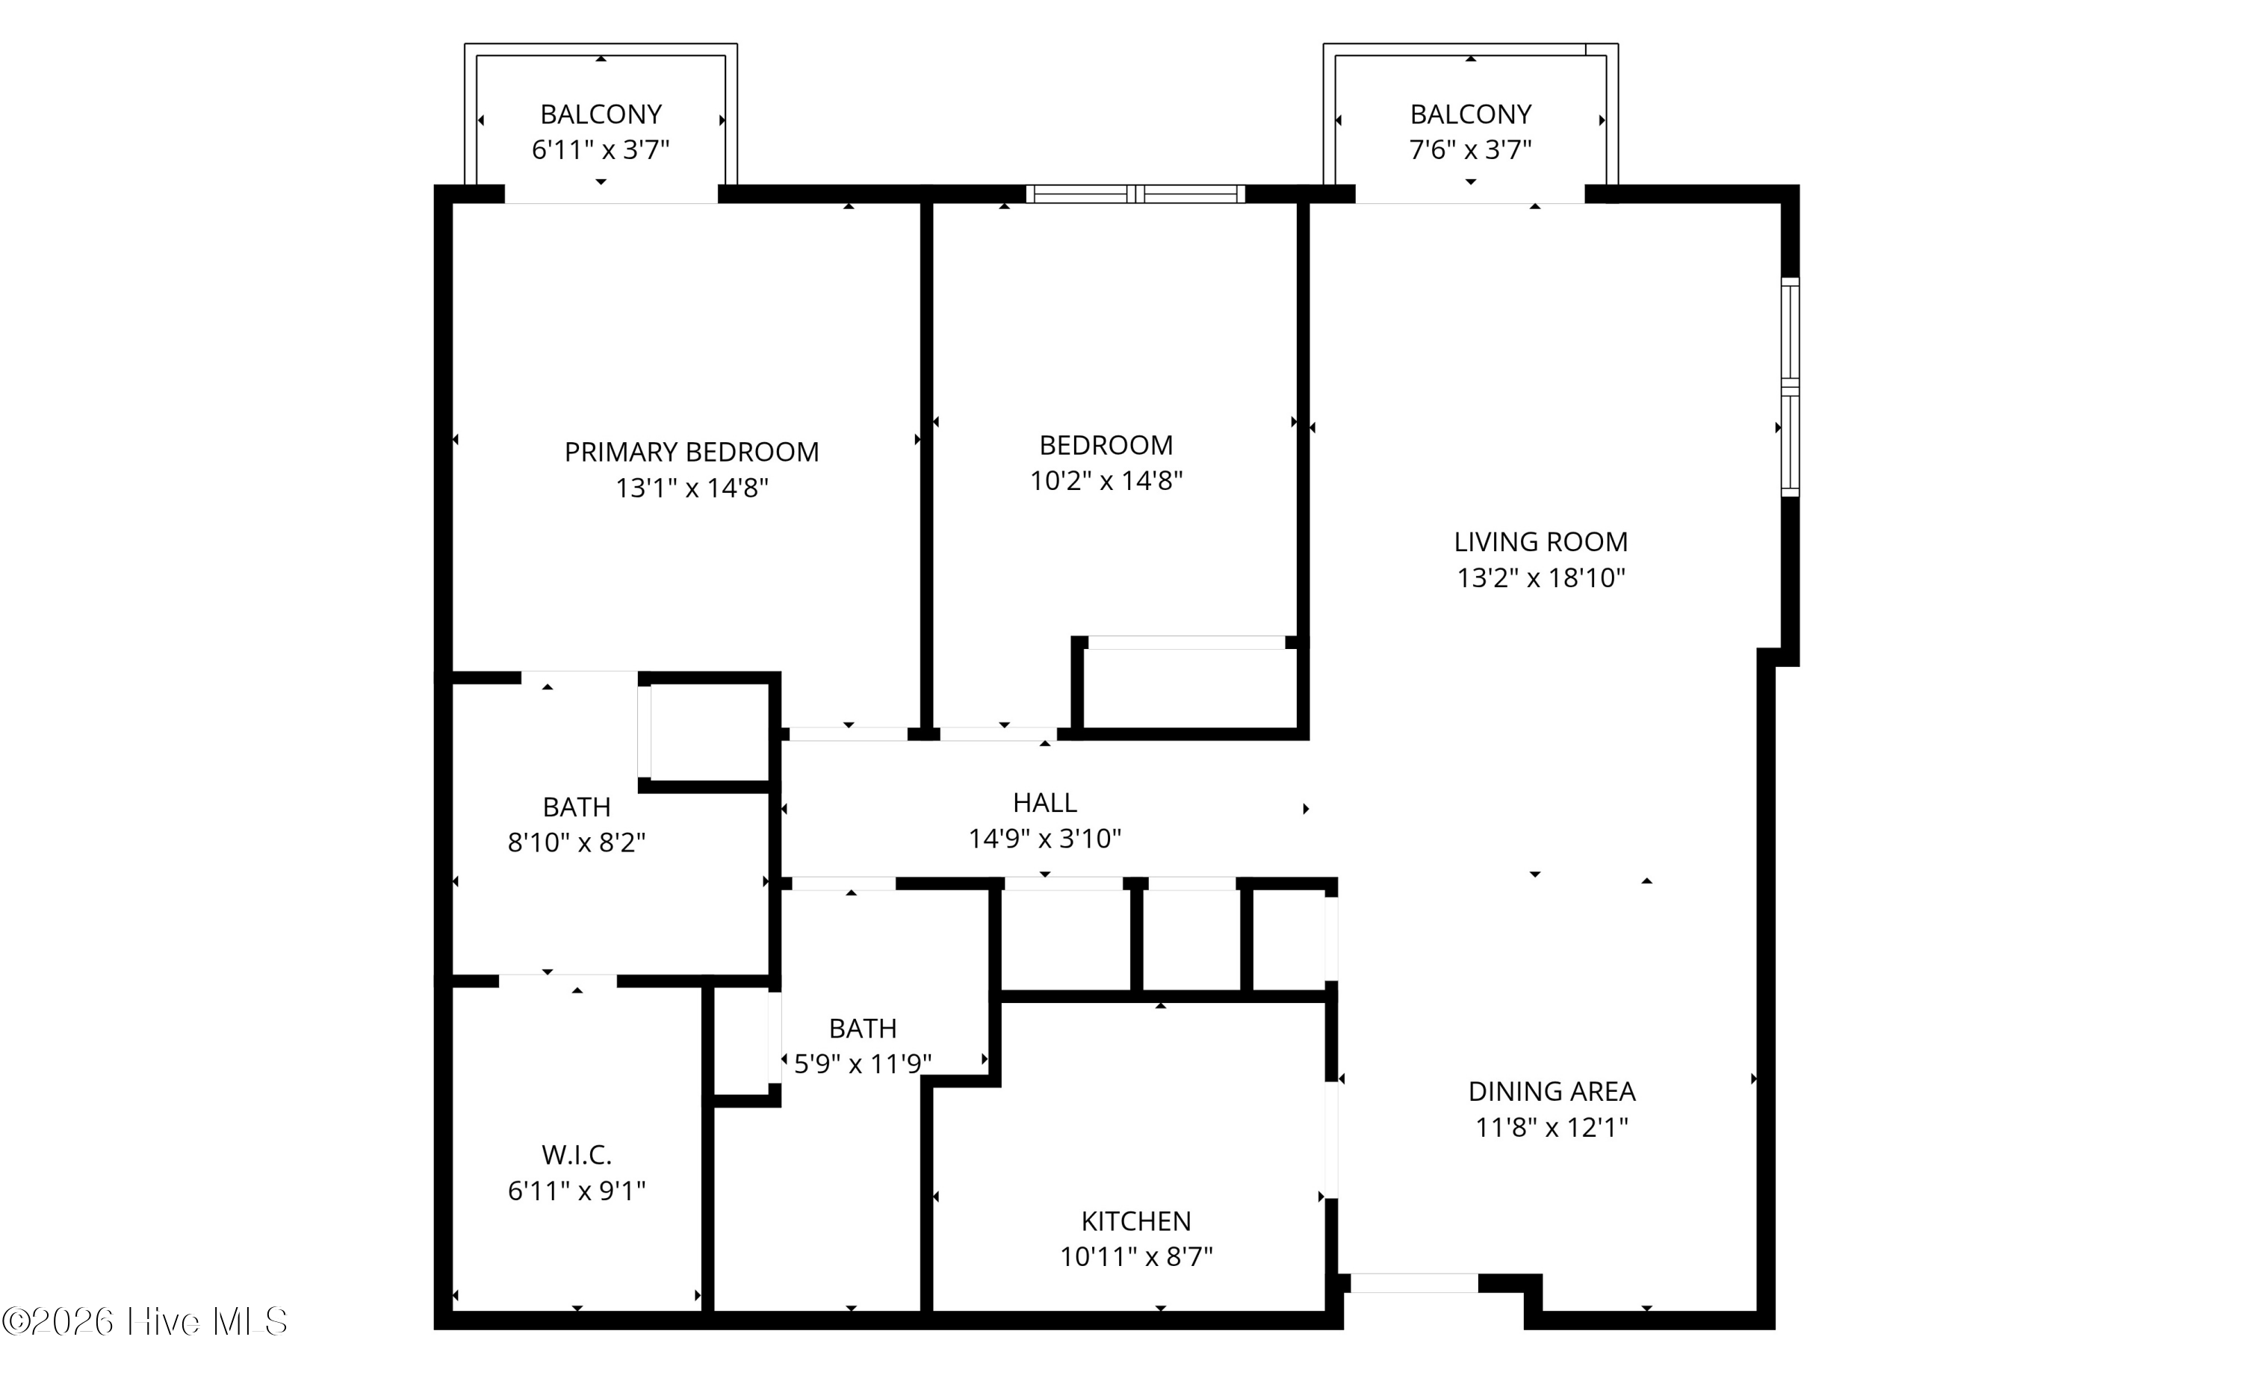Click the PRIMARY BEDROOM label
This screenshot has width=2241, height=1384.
pyautogui.click(x=691, y=452)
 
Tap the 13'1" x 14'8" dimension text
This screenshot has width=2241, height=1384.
pyautogui.click(x=691, y=488)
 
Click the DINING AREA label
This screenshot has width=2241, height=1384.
pyautogui.click(x=1552, y=1091)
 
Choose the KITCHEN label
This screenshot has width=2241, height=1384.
pyautogui.click(x=1136, y=1221)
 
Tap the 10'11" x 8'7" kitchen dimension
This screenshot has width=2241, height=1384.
pyautogui.click(x=1136, y=1257)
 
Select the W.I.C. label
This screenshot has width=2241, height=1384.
pyautogui.click(x=577, y=1155)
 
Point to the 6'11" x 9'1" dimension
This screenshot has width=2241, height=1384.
pyautogui.click(x=577, y=1191)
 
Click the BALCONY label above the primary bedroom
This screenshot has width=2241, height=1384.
pyautogui.click(x=601, y=114)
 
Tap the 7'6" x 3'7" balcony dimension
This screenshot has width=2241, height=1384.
pyautogui.click(x=1470, y=149)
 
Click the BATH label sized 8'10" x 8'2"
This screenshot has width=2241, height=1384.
pyautogui.click(x=577, y=807)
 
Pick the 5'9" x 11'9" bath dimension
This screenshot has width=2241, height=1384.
pyautogui.click(x=862, y=1064)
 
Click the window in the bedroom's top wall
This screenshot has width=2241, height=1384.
pyautogui.click(x=1135, y=194)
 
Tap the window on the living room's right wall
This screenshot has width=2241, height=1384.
pyautogui.click(x=1790, y=387)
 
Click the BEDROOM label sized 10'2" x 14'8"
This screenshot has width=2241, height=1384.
pyautogui.click(x=1106, y=446)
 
